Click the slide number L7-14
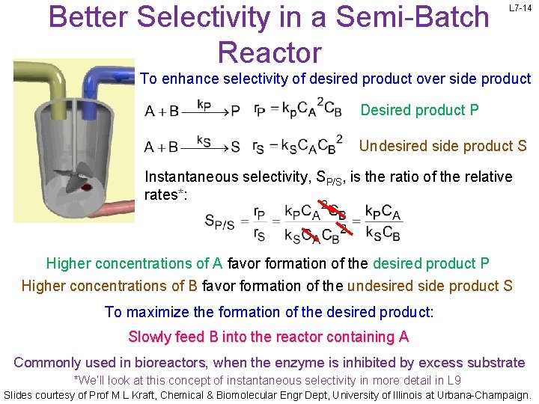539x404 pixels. point(520,7)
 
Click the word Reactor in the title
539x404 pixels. point(269,52)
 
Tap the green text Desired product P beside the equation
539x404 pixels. point(419,111)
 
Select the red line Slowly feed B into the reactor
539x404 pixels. point(269,337)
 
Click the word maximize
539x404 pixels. point(156,312)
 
